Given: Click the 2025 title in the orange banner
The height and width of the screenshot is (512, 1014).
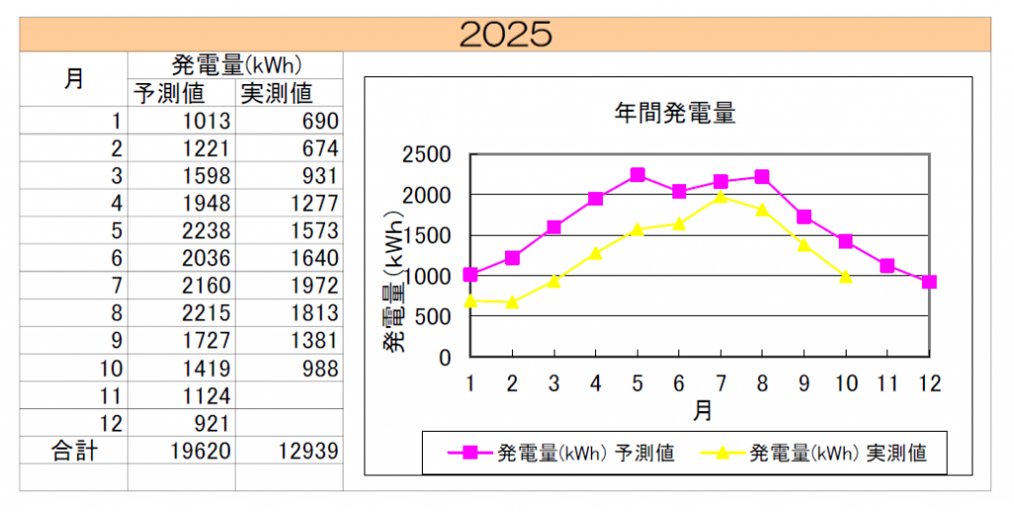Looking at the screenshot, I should coord(506,34).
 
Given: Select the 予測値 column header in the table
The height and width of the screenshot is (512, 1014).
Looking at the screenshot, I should coord(169,93).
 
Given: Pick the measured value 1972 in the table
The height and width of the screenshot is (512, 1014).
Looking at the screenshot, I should coord(315,286).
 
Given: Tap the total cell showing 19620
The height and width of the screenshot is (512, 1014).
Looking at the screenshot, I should coord(200,452).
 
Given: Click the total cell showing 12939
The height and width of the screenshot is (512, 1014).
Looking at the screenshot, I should coord(307,452).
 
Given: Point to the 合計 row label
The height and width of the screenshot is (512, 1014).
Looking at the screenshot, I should coord(74,452).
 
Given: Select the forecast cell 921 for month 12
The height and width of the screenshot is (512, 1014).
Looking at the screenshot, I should coord(212,424).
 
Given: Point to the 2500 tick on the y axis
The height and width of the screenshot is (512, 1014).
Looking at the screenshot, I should coord(425,155).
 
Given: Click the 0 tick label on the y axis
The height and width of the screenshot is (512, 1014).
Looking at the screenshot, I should coord(445,358).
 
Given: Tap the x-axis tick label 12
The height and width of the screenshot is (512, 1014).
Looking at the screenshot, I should coord(928,383).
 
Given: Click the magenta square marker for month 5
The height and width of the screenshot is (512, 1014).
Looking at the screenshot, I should coord(637,175).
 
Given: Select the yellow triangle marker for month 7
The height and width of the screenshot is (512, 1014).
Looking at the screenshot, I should coord(720,197).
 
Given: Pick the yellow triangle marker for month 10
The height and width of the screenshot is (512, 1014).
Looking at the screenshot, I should coord(845,276).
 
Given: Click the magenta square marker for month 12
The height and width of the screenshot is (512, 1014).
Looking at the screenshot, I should coord(928,282).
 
